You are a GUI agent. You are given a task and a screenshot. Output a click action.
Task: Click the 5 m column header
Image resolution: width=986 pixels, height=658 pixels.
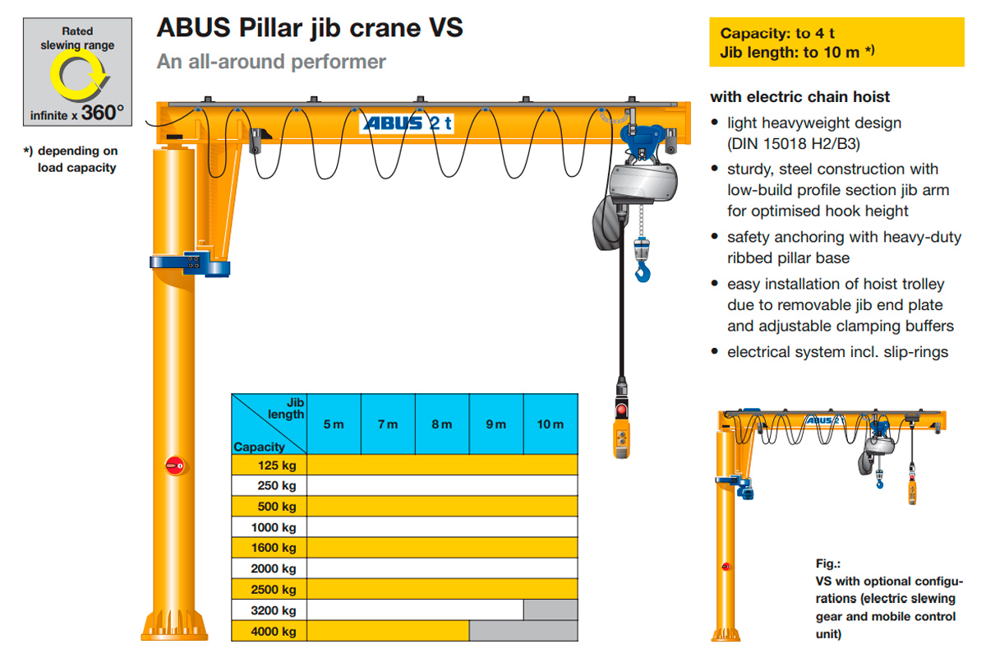coord(334,424)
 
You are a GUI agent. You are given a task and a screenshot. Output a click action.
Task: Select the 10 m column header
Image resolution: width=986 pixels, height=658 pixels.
coord(551,424)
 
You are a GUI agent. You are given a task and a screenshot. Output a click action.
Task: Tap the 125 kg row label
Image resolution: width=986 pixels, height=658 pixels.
coord(277,465)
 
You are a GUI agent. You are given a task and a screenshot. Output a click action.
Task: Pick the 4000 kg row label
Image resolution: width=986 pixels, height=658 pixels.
coord(275,632)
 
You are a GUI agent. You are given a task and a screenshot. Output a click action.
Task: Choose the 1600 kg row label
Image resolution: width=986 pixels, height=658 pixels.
coord(275,548)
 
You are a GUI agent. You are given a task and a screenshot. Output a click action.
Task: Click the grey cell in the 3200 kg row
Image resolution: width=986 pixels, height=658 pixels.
coord(551,610)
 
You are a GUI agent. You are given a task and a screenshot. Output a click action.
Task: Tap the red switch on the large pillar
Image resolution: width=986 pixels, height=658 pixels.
coord(174,466)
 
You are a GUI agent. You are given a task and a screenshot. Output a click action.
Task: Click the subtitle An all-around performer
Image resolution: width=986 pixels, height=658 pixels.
coord(271,62)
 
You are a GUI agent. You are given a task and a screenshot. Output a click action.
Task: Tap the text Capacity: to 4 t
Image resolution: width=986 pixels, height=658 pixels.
coord(777,34)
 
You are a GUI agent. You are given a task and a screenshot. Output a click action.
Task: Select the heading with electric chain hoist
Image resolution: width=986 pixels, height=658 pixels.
coord(799,97)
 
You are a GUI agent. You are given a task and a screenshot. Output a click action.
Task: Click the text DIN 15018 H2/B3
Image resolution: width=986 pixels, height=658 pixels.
coord(794,144)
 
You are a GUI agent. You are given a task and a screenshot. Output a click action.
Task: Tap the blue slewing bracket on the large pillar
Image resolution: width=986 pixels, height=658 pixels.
coord(189,264)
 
